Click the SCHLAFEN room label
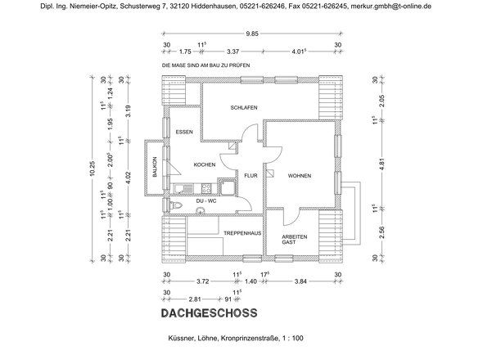[x=244, y=108]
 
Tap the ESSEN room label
[x=185, y=132]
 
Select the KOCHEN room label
[x=204, y=165]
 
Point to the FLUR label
[x=251, y=175]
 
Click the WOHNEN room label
[x=300, y=175]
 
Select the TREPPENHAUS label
[x=242, y=234]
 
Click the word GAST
[x=289, y=243]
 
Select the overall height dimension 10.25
[x=92, y=169]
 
